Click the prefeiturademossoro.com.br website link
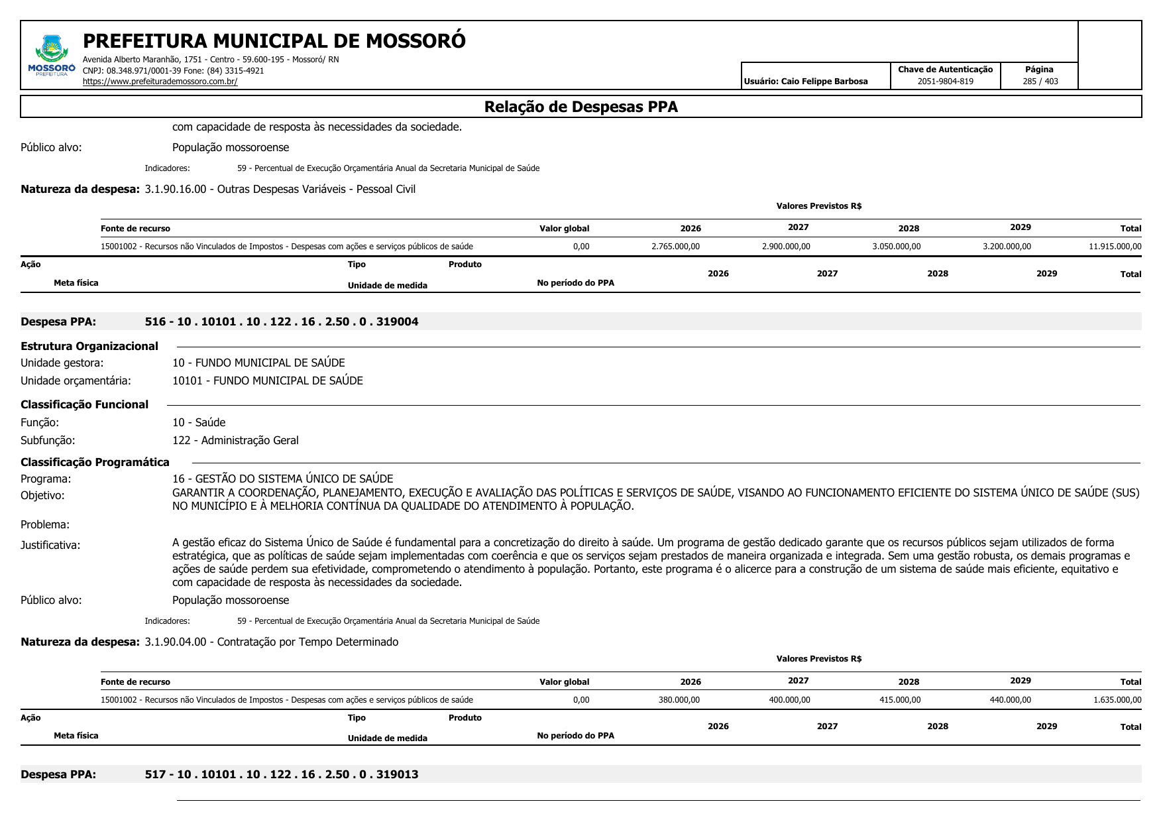click(x=160, y=82)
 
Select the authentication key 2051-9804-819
click(x=945, y=82)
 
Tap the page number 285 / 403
click(x=1040, y=82)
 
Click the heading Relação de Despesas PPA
click(x=581, y=107)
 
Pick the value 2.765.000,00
click(x=675, y=247)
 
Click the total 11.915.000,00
click(x=1115, y=247)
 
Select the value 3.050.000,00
click(x=896, y=247)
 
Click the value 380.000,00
click(x=679, y=700)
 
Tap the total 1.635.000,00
click(x=1117, y=700)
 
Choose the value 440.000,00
click(x=1010, y=700)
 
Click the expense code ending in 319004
click(x=282, y=322)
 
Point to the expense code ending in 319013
click(x=282, y=775)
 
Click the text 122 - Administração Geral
click(x=235, y=441)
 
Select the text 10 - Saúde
click(x=199, y=423)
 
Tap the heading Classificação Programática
click(x=95, y=463)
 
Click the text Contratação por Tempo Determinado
click(x=307, y=642)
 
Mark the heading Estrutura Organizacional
click(x=89, y=347)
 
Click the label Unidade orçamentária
click(x=76, y=381)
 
